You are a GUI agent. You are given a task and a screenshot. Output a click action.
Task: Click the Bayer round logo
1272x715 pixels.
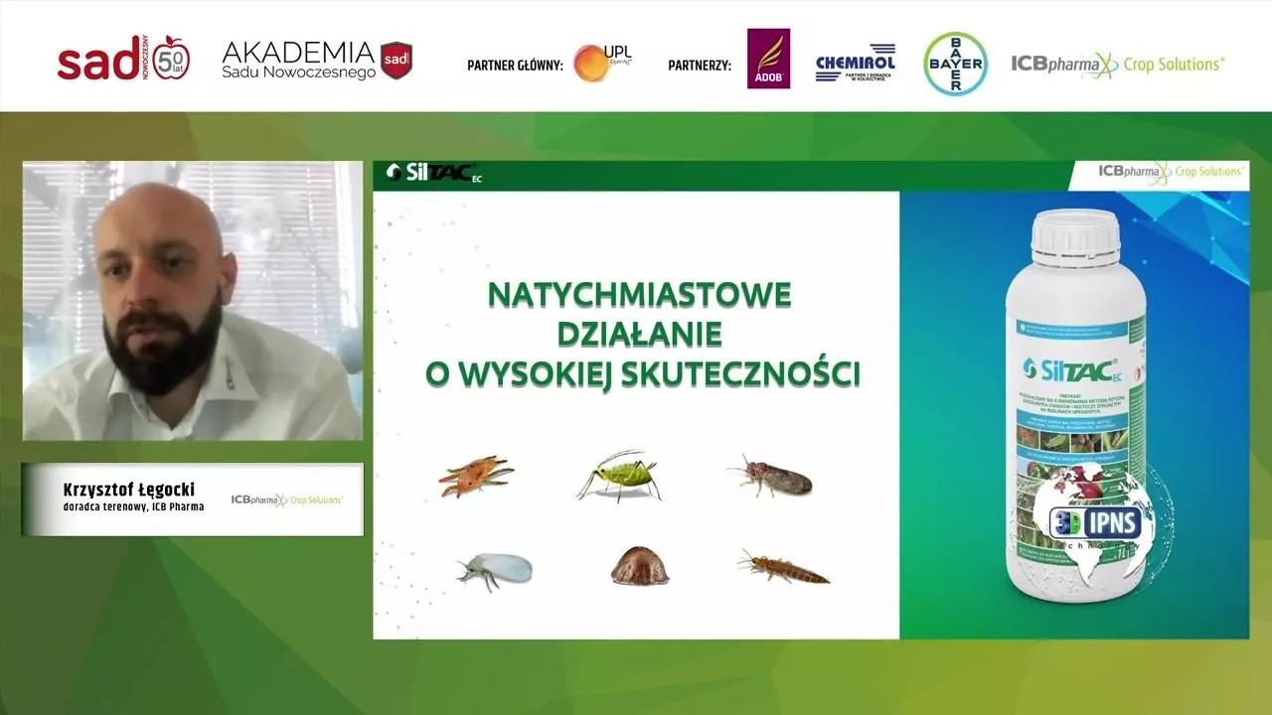955,64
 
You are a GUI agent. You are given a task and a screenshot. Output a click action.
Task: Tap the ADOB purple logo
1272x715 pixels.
768,60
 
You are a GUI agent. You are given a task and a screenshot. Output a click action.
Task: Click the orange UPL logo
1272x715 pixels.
592,63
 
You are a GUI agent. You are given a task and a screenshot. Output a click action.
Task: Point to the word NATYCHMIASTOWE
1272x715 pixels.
639,295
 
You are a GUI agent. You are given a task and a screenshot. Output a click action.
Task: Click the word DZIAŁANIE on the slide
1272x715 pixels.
638,334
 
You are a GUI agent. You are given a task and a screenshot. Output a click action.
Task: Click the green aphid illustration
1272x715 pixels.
620,476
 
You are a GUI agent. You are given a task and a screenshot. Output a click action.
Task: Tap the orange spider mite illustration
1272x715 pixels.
475,475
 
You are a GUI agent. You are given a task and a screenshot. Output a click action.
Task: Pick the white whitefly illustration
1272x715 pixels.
496,569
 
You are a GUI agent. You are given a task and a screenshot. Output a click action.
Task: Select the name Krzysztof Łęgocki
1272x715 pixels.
129,490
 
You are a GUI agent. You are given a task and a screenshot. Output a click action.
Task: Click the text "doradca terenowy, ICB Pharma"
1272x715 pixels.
133,507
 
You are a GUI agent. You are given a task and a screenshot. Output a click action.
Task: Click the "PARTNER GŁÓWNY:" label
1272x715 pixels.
515,67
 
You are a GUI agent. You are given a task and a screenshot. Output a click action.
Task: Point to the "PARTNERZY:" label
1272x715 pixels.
699,67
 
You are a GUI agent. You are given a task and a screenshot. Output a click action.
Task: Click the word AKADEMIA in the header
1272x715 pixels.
297,52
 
